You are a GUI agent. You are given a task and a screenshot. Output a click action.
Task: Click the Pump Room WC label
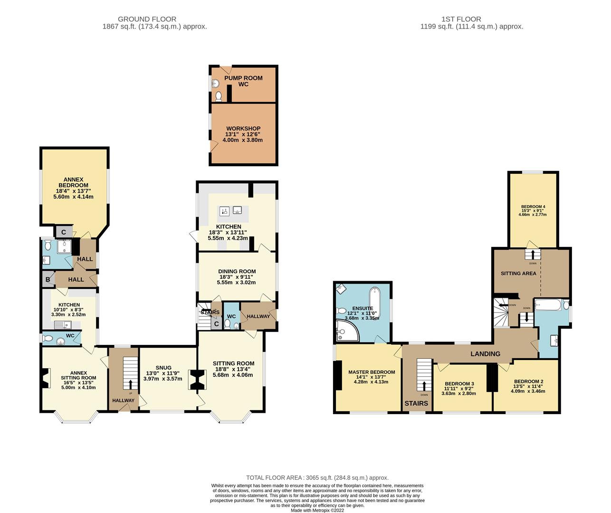243,81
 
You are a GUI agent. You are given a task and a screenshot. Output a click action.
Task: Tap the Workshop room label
243,128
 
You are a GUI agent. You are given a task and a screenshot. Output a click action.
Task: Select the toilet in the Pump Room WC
218,96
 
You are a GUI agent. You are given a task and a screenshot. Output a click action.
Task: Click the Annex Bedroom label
74,182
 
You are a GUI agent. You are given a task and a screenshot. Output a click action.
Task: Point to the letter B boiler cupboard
48,279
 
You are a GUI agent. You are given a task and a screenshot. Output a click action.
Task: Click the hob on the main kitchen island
224,211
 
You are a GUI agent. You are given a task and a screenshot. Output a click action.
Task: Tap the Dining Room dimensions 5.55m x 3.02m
236,283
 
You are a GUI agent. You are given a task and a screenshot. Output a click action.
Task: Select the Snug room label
163,368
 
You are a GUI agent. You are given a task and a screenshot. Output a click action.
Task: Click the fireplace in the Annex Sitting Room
46,378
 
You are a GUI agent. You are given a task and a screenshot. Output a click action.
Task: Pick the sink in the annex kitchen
63,324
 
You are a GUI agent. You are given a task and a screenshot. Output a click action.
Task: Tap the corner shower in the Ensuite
347,331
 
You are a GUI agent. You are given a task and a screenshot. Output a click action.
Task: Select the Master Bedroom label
372,372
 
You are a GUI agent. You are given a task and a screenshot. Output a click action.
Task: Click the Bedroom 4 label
533,206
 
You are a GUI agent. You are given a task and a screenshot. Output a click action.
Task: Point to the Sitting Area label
518,273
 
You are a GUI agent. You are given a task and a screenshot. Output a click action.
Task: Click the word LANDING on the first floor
485,354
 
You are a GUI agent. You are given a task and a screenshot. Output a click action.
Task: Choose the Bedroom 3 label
459,384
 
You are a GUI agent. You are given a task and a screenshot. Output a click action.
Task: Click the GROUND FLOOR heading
147,19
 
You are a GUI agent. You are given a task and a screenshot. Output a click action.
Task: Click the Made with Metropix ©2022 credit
317,510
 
